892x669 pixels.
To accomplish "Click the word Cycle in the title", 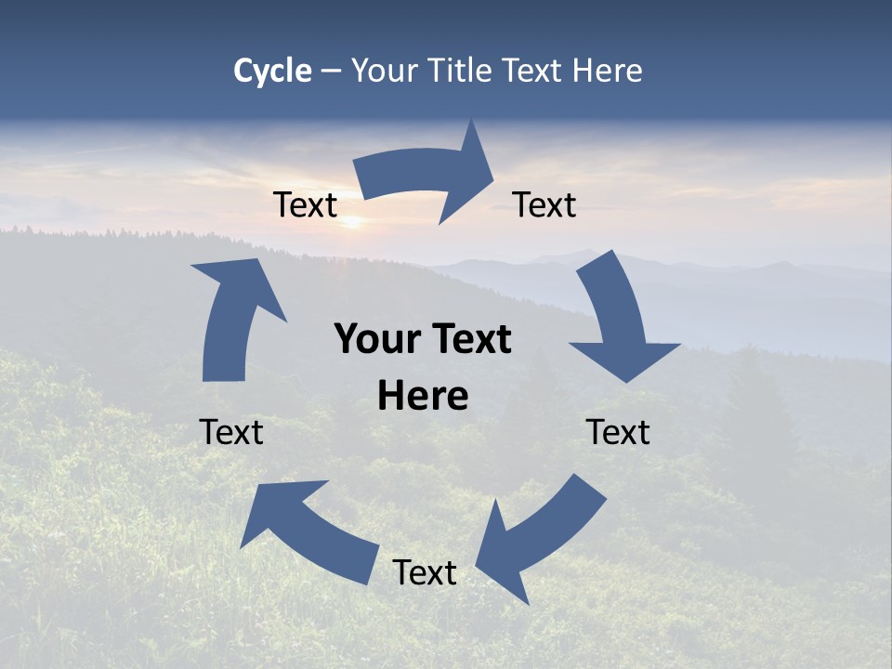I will [x=272, y=71].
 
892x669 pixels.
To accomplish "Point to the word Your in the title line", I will [x=385, y=72].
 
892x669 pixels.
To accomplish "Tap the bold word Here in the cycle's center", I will [x=423, y=397].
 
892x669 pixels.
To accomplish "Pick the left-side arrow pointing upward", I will [x=232, y=316].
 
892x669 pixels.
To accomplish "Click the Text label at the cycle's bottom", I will [x=425, y=572].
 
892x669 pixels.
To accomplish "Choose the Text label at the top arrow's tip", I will [x=544, y=204].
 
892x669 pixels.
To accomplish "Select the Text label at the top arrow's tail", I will [x=305, y=204].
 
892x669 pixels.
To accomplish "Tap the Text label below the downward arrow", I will [x=618, y=432].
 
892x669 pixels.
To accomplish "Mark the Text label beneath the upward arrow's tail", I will [x=231, y=432].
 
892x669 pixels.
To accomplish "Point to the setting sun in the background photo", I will [x=352, y=221].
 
